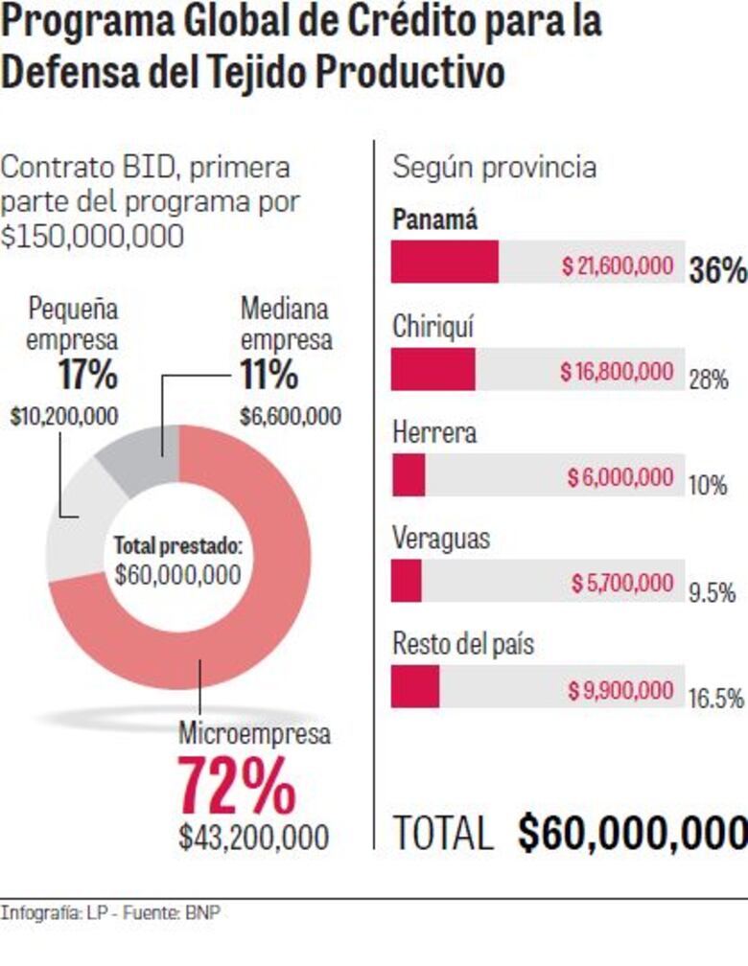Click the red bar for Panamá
point(444,262)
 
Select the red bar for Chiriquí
point(432,369)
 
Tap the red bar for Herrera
point(409,475)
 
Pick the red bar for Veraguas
point(407,581)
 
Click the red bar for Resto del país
point(414,687)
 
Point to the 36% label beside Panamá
point(716,271)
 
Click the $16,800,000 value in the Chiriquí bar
point(617,372)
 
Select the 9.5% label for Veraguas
point(712,593)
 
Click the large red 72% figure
point(238,786)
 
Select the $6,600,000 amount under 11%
point(290,416)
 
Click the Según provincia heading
point(494,168)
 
